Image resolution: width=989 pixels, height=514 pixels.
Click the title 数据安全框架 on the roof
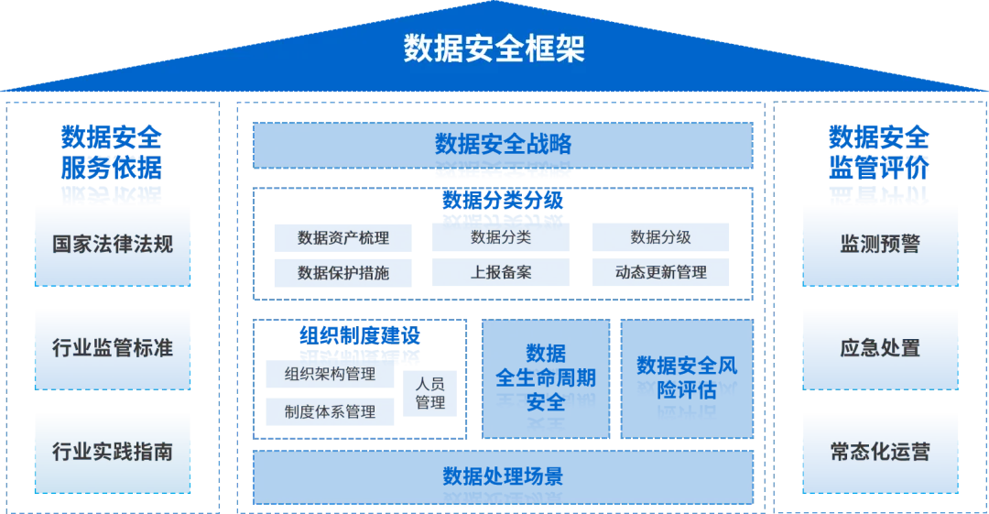pos(494,49)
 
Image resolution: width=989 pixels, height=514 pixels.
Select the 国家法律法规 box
pos(113,244)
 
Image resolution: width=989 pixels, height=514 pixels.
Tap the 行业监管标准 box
pos(113,348)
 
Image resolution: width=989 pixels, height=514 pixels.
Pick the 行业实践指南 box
pos(113,452)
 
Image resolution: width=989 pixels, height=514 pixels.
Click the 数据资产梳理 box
pos(343,238)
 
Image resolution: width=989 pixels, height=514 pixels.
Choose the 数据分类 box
pos(501,237)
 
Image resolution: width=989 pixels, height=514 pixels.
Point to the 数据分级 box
pos(659,237)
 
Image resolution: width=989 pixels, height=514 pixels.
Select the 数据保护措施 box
pos(343,273)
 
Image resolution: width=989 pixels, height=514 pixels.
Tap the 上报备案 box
pos(501,273)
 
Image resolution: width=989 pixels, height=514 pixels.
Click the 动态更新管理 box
pos(659,273)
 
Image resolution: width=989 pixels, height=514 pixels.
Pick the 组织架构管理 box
pos(331,374)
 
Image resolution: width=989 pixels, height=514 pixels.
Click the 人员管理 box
pos(430,393)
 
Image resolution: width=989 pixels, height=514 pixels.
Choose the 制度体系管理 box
pos(331,412)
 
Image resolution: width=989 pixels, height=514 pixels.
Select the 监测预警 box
pos(879,244)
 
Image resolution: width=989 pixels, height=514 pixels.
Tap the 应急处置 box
pos(879,348)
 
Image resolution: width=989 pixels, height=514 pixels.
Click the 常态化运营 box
pos(879,452)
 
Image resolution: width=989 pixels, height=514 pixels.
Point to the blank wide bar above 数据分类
pos(502,146)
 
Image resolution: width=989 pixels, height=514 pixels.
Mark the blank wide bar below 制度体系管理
pos(502,476)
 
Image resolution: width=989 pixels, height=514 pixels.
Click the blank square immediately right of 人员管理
pos(546,377)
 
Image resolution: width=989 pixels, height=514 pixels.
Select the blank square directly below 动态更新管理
pos(687,377)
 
